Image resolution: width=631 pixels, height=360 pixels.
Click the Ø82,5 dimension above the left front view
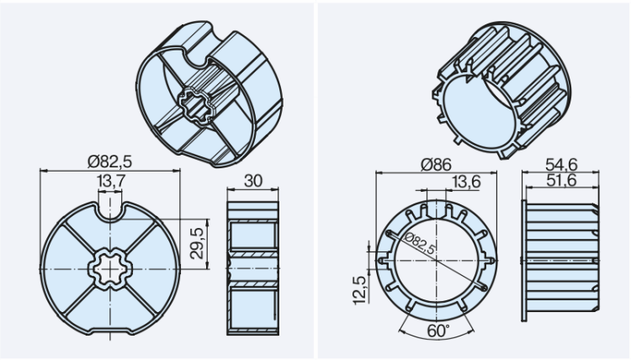(109, 161)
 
